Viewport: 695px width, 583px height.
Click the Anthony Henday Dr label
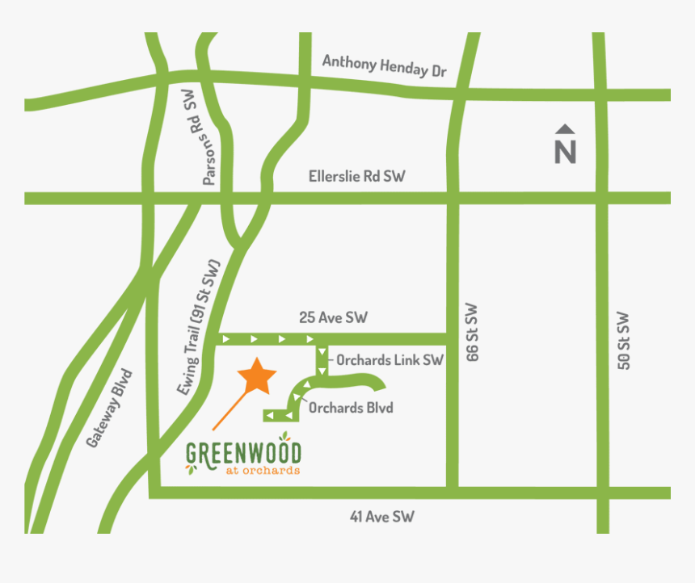coord(384,65)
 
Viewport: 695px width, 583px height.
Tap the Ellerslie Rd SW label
coord(356,176)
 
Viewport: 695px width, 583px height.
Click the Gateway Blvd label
coord(108,409)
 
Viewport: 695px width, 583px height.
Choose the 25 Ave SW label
coord(333,317)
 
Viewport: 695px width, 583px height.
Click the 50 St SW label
coord(623,340)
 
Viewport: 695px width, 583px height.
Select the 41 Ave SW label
coord(381,517)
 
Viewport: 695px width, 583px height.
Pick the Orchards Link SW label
coord(390,360)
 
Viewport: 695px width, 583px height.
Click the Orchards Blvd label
coord(351,408)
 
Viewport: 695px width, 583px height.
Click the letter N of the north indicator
coord(566,152)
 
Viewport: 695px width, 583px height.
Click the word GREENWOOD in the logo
coord(243,453)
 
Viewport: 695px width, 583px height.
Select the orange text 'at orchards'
coord(258,470)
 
